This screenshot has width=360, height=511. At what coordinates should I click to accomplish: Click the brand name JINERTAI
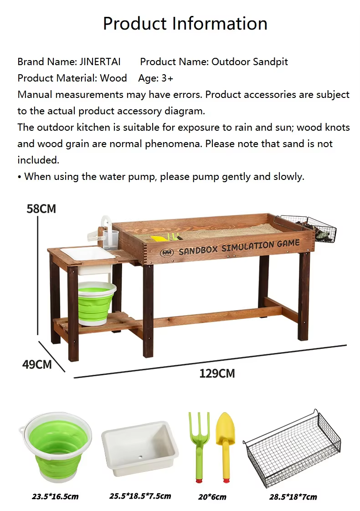100,61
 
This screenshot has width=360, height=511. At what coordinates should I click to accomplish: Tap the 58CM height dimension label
41,209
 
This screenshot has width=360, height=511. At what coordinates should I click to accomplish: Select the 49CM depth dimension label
37,364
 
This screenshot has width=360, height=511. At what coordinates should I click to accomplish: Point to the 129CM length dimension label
217,373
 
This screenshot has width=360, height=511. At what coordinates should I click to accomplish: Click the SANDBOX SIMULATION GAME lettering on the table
239,248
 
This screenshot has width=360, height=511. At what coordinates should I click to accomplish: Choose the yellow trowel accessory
225,446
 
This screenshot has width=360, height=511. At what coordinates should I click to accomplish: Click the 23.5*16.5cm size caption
55,497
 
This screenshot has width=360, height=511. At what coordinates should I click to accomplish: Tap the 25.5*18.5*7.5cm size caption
140,496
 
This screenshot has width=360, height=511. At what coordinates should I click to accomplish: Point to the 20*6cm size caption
212,497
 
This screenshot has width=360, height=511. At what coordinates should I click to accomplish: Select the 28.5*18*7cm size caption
293,497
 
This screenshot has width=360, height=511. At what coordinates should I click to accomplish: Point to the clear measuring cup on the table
111,240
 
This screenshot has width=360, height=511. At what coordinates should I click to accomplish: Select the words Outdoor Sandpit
250,61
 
